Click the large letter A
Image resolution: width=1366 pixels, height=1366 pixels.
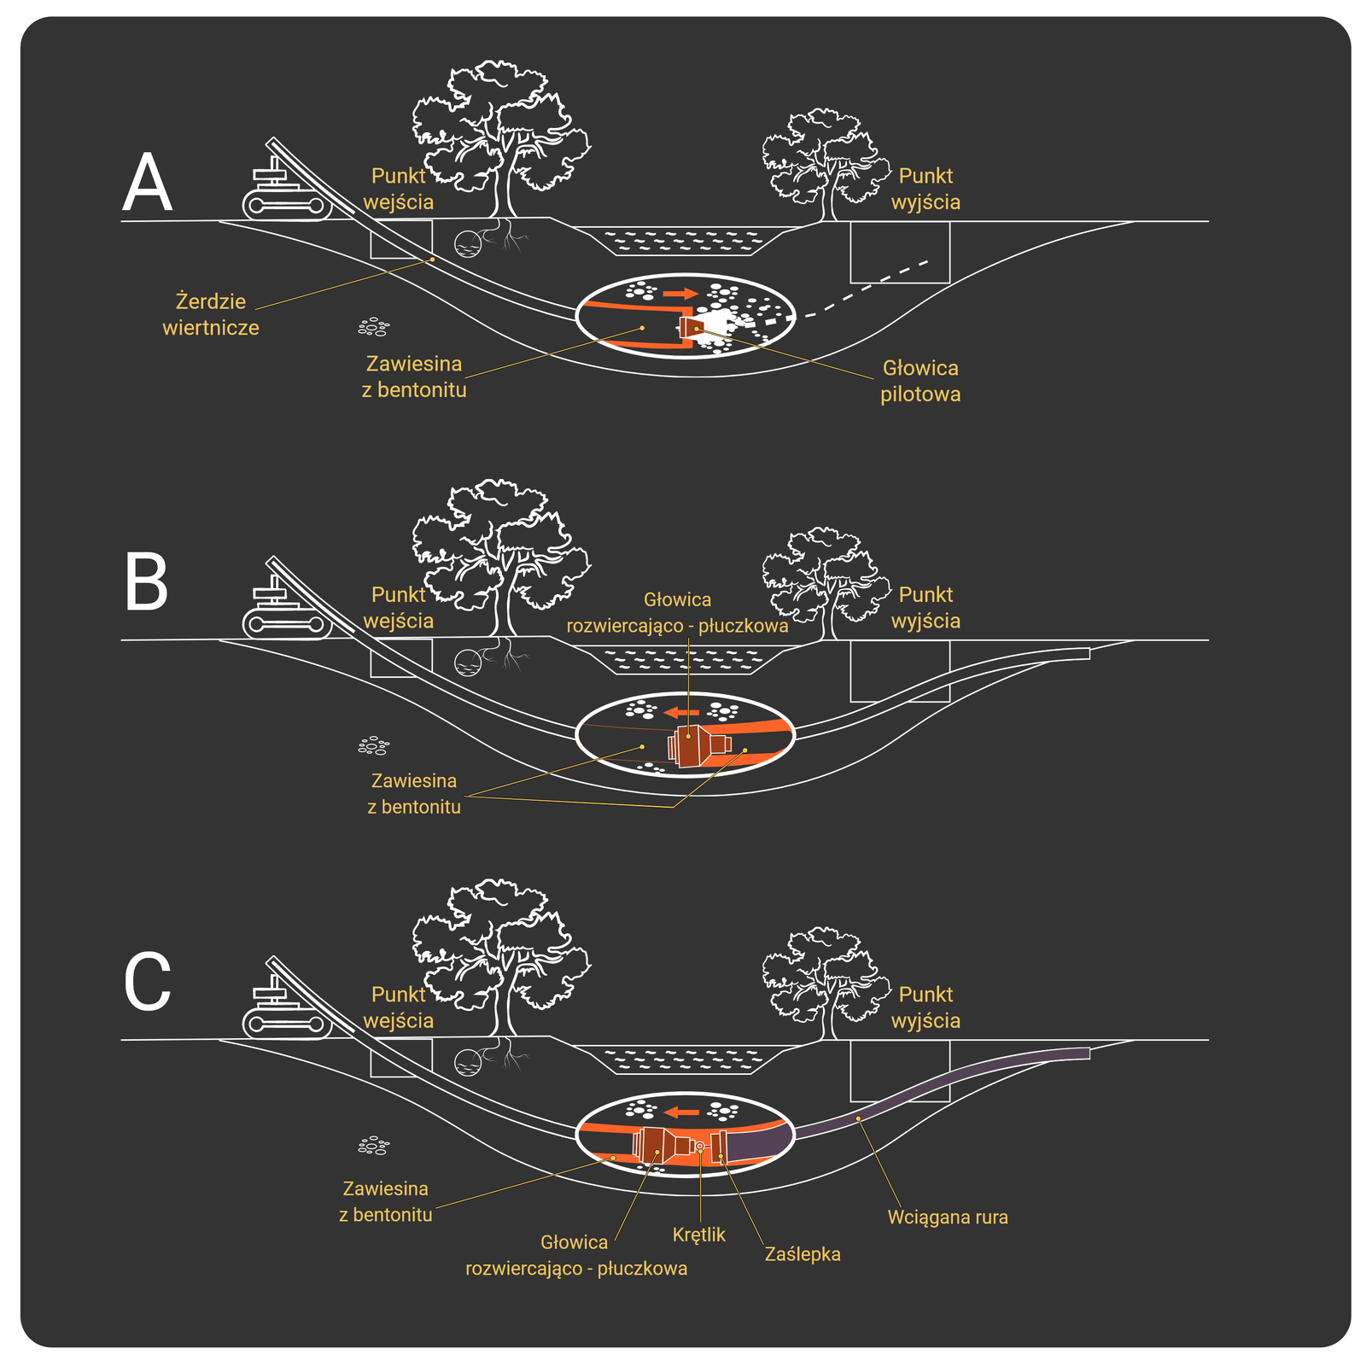pos(147,184)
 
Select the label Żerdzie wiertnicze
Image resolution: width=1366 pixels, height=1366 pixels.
pos(211,314)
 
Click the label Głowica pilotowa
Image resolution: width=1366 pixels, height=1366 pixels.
pos(920,381)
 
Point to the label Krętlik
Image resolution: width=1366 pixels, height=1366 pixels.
pos(698,1235)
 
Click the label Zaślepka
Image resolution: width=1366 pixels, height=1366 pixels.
pos(803,1254)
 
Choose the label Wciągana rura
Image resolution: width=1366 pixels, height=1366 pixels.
pos(948,1217)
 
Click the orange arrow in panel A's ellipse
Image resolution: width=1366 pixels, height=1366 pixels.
pos(680,294)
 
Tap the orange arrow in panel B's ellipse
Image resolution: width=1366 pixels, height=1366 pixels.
pos(682,712)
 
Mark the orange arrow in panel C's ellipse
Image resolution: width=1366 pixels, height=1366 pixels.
pos(682,1112)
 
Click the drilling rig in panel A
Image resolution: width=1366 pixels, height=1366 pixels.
pos(286,192)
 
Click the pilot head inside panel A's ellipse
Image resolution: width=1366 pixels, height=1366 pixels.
pos(690,328)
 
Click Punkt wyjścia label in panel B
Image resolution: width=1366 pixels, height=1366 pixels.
pos(925,608)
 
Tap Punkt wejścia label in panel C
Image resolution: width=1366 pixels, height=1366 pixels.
pos(399,1007)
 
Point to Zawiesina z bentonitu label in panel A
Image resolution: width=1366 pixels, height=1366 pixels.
pos(414,377)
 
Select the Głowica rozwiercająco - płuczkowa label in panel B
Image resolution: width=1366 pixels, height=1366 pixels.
pos(677,613)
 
